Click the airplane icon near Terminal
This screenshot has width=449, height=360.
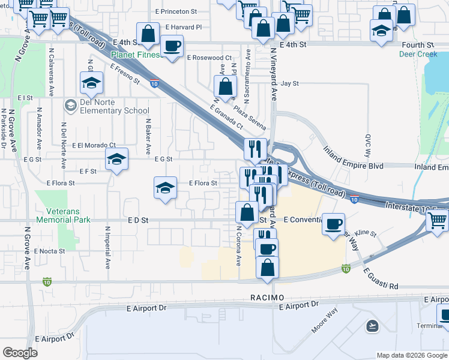[372, 326]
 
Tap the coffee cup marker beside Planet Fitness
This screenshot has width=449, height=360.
[172, 46]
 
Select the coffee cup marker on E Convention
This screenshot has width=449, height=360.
[333, 225]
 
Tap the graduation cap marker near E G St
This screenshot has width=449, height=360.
[117, 159]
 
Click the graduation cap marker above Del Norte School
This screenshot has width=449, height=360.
[91, 83]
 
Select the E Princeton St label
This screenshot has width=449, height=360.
[175, 11]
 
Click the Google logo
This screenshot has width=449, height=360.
[20, 353]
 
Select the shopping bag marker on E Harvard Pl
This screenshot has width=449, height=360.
[147, 34]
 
